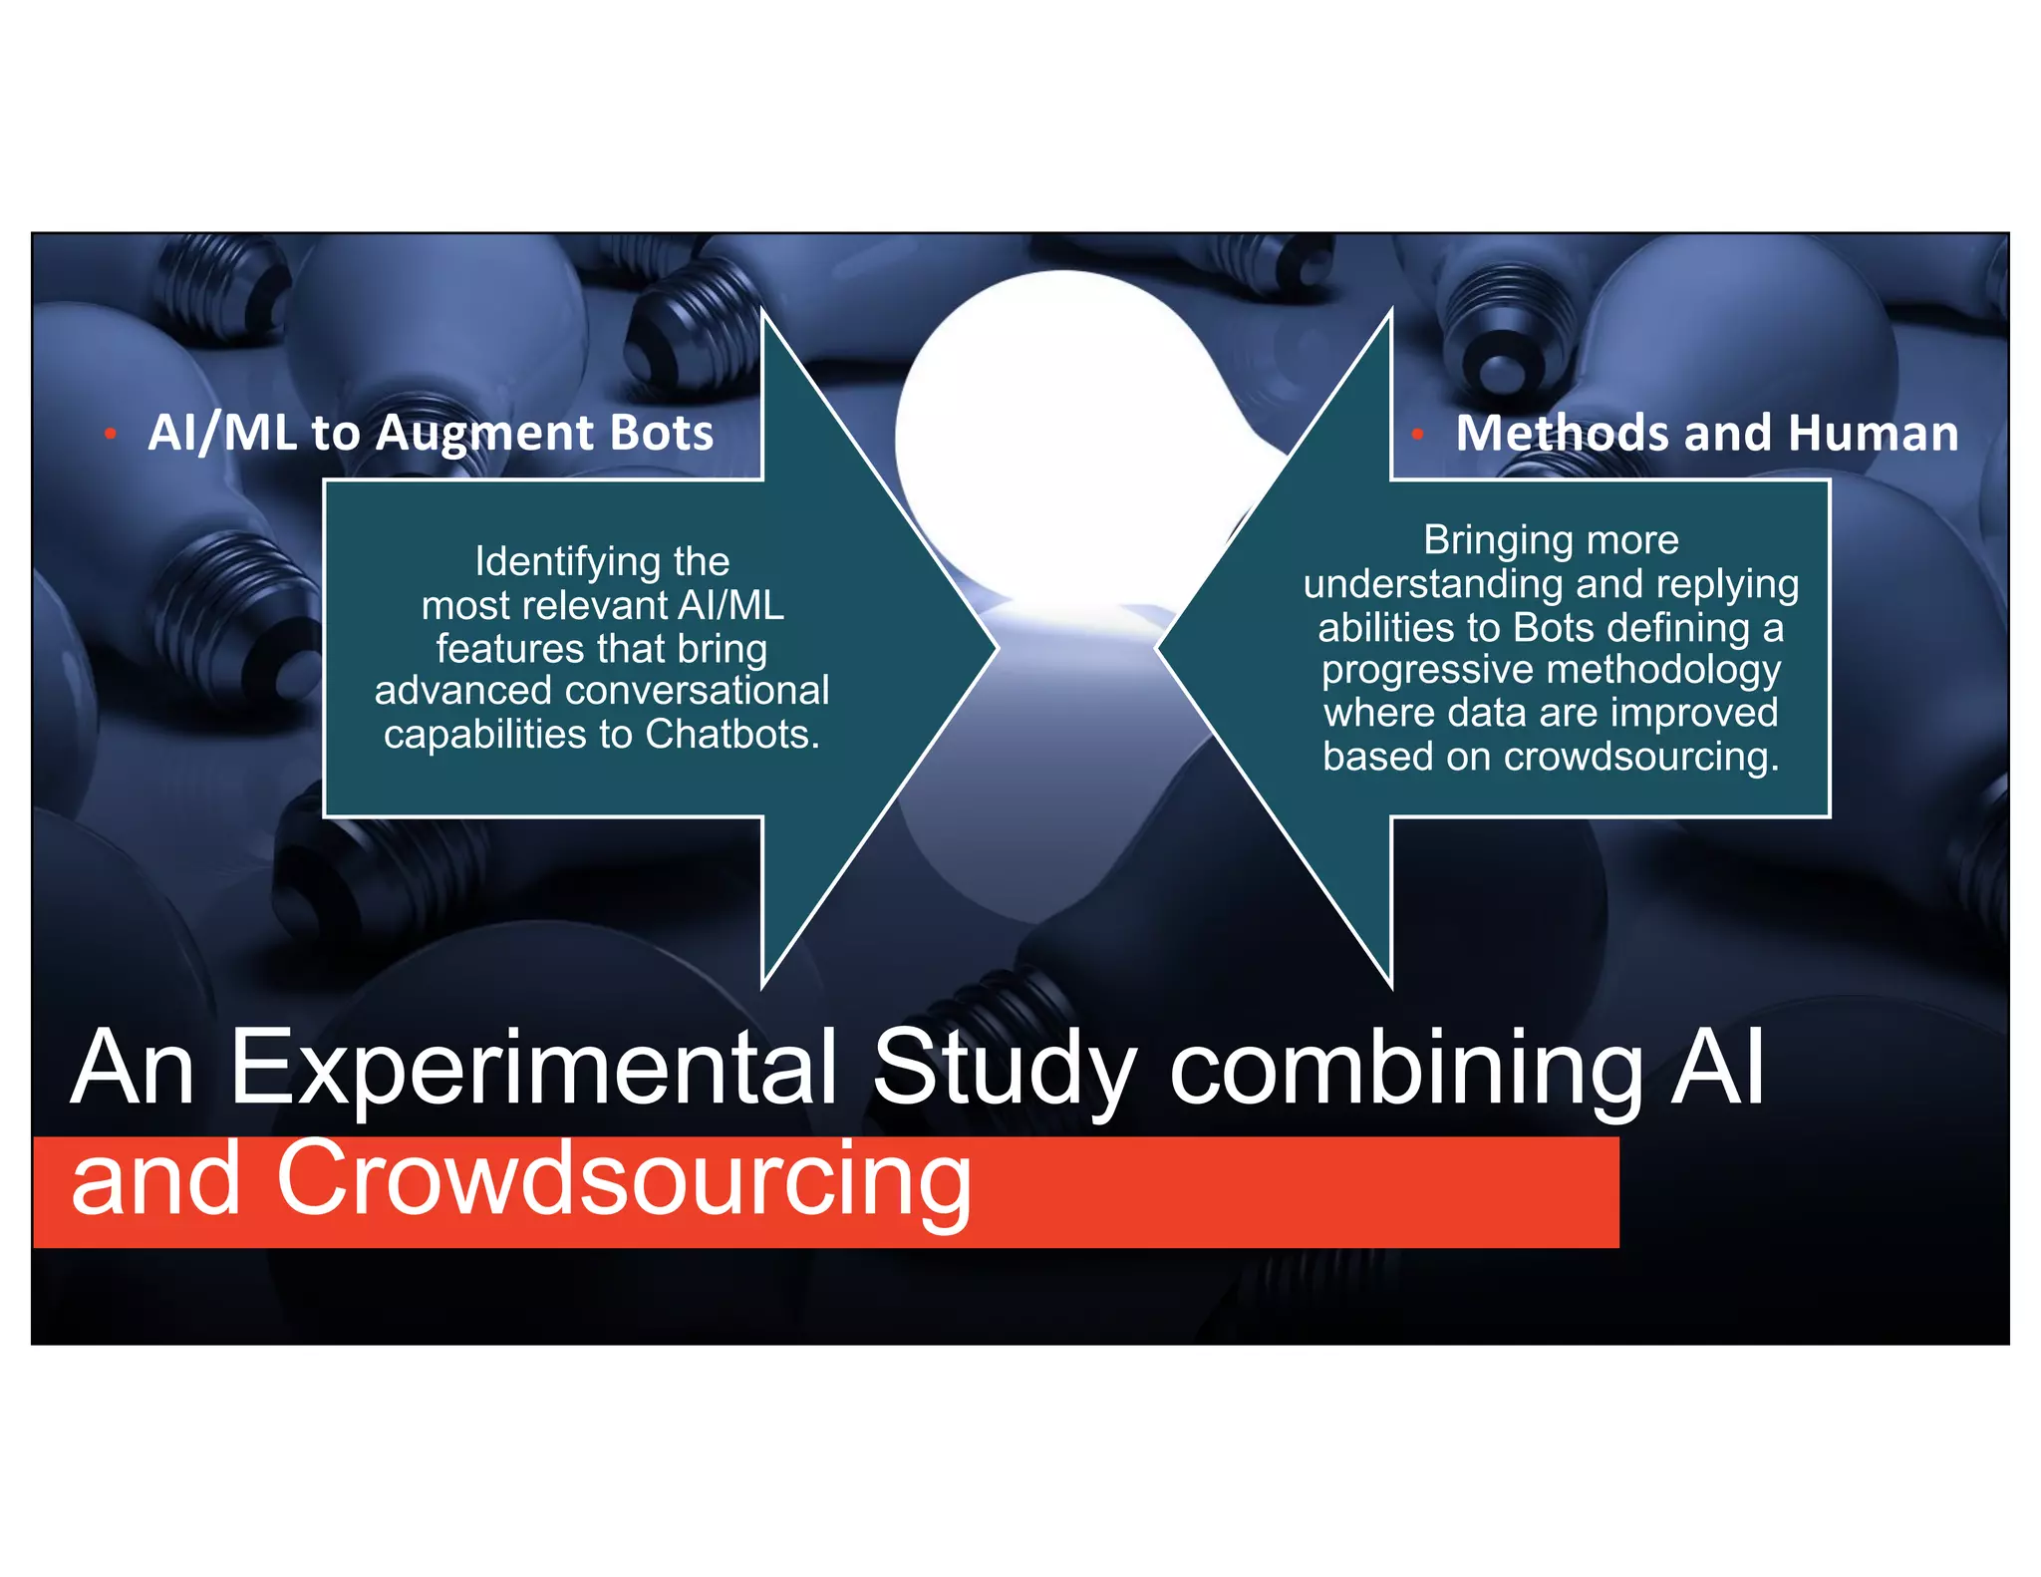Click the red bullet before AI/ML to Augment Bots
pyautogui.click(x=111, y=434)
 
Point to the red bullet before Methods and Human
pyautogui.click(x=1416, y=434)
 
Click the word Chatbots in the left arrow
pyautogui.click(x=730, y=735)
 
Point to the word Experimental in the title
pyautogui.click(x=533, y=1069)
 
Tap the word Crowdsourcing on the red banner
pyautogui.click(x=623, y=1181)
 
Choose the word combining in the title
pyautogui.click(x=1405, y=1069)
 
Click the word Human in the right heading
pyautogui.click(x=1873, y=434)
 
